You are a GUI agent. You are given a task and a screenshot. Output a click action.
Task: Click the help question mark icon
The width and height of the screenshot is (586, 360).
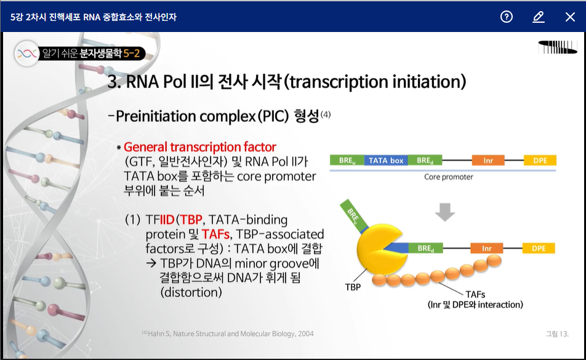(507, 17)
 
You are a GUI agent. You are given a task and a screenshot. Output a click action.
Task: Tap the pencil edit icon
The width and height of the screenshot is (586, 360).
(538, 17)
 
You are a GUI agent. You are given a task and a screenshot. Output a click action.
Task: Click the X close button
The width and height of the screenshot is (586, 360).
(570, 17)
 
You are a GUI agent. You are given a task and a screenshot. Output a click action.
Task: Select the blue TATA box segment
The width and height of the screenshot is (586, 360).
(386, 160)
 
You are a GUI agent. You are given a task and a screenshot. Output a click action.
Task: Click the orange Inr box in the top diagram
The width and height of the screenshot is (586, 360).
(488, 160)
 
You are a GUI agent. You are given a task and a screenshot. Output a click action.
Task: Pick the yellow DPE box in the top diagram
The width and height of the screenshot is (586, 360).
(540, 160)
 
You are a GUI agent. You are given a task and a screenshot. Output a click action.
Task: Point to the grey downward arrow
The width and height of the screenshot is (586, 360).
(444, 212)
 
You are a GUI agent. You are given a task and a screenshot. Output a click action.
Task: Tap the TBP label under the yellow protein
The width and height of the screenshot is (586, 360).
(353, 287)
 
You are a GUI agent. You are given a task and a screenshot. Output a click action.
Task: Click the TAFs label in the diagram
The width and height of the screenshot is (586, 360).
(475, 294)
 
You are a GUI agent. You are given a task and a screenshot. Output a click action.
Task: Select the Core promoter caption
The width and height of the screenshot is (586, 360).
(449, 177)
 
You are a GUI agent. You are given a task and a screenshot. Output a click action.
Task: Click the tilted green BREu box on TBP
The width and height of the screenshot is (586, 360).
(353, 215)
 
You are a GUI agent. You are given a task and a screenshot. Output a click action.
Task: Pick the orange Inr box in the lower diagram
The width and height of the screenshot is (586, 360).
(486, 248)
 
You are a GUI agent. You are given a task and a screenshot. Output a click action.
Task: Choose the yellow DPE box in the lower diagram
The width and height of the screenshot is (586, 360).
(539, 248)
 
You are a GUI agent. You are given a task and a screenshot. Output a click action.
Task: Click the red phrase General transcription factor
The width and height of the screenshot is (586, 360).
(200, 146)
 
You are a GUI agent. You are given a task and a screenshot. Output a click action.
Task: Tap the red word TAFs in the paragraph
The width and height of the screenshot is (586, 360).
(215, 234)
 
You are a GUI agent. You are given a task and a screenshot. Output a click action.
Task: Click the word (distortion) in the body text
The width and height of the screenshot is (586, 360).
(191, 292)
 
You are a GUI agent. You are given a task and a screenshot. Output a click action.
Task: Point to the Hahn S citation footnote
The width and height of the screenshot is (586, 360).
(228, 334)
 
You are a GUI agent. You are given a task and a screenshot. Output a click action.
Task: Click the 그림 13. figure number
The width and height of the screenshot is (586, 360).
(557, 334)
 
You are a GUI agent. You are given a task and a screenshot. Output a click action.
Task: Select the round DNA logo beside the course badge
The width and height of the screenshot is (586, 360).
(27, 54)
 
